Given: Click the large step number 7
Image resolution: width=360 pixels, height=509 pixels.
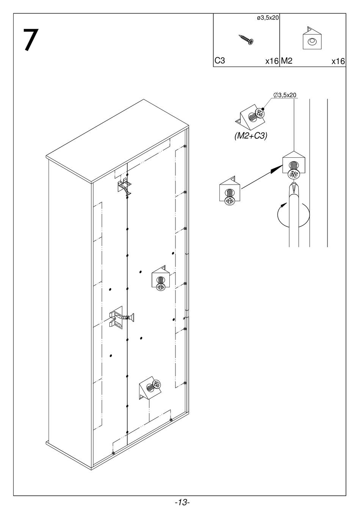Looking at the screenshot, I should pyautogui.click(x=31, y=40).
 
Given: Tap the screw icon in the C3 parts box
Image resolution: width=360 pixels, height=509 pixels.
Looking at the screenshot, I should pyautogui.click(x=246, y=39).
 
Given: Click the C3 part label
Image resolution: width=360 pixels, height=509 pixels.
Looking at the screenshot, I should pyautogui.click(x=220, y=61).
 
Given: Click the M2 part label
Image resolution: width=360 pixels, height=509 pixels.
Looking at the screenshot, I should pyautogui.click(x=287, y=61).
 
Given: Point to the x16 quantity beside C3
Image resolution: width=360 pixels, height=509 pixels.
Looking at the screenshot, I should pyautogui.click(x=272, y=61).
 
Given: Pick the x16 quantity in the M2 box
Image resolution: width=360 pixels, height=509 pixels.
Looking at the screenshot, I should pyautogui.click(x=338, y=61).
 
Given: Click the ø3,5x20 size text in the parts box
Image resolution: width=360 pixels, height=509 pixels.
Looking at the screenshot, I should pyautogui.click(x=268, y=18).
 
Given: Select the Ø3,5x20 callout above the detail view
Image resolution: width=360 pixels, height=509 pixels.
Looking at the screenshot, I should pyautogui.click(x=285, y=95).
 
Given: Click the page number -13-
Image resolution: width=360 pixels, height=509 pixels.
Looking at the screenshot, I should pyautogui.click(x=182, y=503).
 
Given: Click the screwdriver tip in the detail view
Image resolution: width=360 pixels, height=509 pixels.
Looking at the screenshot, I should pyautogui.click(x=293, y=186).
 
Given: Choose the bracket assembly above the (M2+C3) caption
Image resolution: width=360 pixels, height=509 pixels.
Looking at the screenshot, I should pyautogui.click(x=252, y=116).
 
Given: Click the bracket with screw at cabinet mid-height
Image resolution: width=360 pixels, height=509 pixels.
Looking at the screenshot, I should pyautogui.click(x=161, y=279).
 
